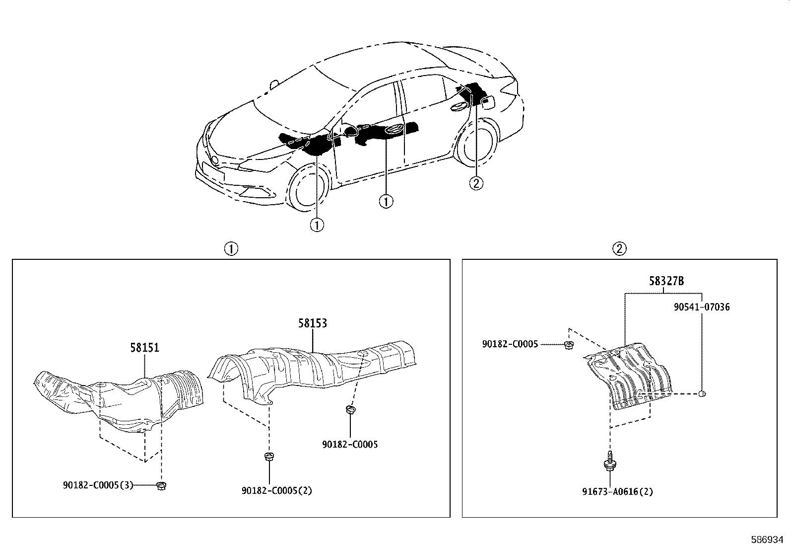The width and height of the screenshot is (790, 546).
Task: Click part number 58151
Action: [x=145, y=347]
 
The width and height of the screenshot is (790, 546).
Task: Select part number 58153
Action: [x=313, y=323]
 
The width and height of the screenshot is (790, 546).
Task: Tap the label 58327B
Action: [x=666, y=281]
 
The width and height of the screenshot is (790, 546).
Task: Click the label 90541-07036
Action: [x=702, y=307]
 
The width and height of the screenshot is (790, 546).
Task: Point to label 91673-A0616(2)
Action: [x=617, y=492]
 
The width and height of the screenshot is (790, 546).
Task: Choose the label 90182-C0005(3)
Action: [x=98, y=485]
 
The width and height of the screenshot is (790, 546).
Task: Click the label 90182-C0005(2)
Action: [x=277, y=490]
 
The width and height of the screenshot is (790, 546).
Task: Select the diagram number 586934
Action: [x=767, y=539]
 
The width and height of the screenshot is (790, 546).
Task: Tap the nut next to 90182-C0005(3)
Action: [x=160, y=486]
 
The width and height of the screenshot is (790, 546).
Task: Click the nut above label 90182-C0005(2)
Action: [x=269, y=457]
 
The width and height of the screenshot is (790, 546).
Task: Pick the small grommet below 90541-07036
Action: [x=702, y=394]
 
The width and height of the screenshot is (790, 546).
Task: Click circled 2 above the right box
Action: [x=619, y=248]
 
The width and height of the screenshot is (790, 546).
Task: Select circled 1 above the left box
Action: [x=231, y=248]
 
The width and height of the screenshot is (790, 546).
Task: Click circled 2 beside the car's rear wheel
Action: [x=476, y=183]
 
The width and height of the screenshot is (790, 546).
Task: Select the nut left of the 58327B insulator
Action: [x=567, y=344]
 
